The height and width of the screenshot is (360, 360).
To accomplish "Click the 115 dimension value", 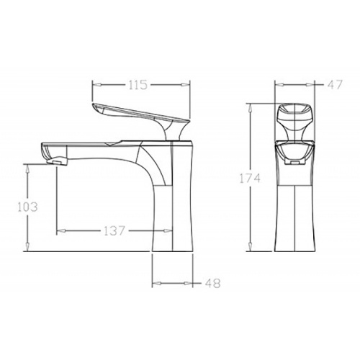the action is click(138, 85).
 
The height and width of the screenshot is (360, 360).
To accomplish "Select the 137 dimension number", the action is click(114, 231).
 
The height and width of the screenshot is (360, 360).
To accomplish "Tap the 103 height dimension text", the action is click(28, 207).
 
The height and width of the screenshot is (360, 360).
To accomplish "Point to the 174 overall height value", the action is click(250, 179).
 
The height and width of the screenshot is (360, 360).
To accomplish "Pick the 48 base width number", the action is click(212, 283).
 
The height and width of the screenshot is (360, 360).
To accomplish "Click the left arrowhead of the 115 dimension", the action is click(97, 84).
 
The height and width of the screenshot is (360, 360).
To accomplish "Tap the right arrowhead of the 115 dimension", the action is click(186, 84).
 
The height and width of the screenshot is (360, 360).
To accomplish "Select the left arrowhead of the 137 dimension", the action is click(61, 231).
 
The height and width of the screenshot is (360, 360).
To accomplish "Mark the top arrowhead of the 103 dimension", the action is click(28, 168).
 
